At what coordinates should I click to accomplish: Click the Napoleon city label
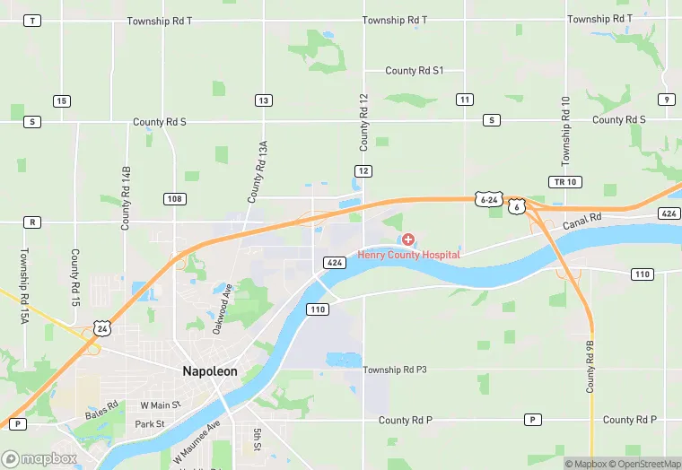tap(211, 371)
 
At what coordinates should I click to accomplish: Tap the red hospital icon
tap(408, 239)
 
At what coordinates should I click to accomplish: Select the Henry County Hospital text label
tap(408, 255)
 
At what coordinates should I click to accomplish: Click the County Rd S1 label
tap(414, 71)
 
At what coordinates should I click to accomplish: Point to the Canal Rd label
tap(581, 221)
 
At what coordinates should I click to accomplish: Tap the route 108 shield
tap(175, 198)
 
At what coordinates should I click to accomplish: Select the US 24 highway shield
tap(104, 330)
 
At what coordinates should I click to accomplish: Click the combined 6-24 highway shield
tap(489, 199)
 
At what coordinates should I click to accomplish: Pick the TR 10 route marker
tap(559, 182)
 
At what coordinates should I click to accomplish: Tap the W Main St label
tap(160, 405)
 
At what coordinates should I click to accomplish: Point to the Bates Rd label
tap(101, 411)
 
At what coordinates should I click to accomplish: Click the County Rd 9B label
tap(590, 366)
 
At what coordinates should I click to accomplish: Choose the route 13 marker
tap(263, 100)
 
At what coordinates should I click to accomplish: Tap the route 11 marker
tap(464, 99)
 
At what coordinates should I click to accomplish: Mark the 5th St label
tap(257, 440)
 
